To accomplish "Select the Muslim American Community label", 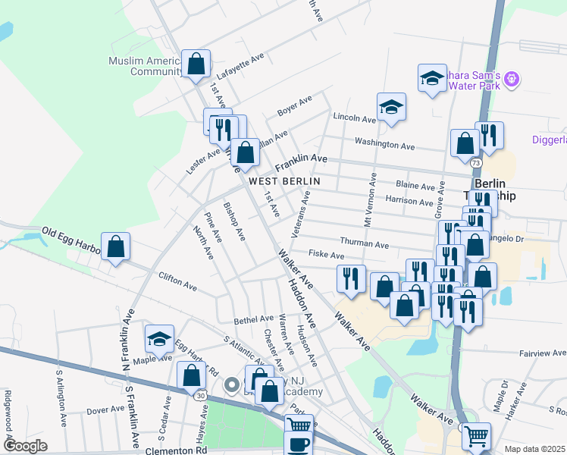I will tap(144, 66).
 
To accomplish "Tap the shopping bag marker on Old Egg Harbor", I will tap(115, 247).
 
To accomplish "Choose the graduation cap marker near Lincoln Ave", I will tap(391, 108).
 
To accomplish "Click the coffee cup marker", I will tap(298, 444).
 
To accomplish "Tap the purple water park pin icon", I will tap(512, 77).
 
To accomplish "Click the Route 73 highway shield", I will tap(475, 163).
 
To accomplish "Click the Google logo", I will tap(26, 446).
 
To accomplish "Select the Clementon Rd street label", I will tap(180, 450).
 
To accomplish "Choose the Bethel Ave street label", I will tap(253, 319).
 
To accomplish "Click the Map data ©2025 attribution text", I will tap(534, 449).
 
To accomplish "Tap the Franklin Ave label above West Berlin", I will tap(301, 162).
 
